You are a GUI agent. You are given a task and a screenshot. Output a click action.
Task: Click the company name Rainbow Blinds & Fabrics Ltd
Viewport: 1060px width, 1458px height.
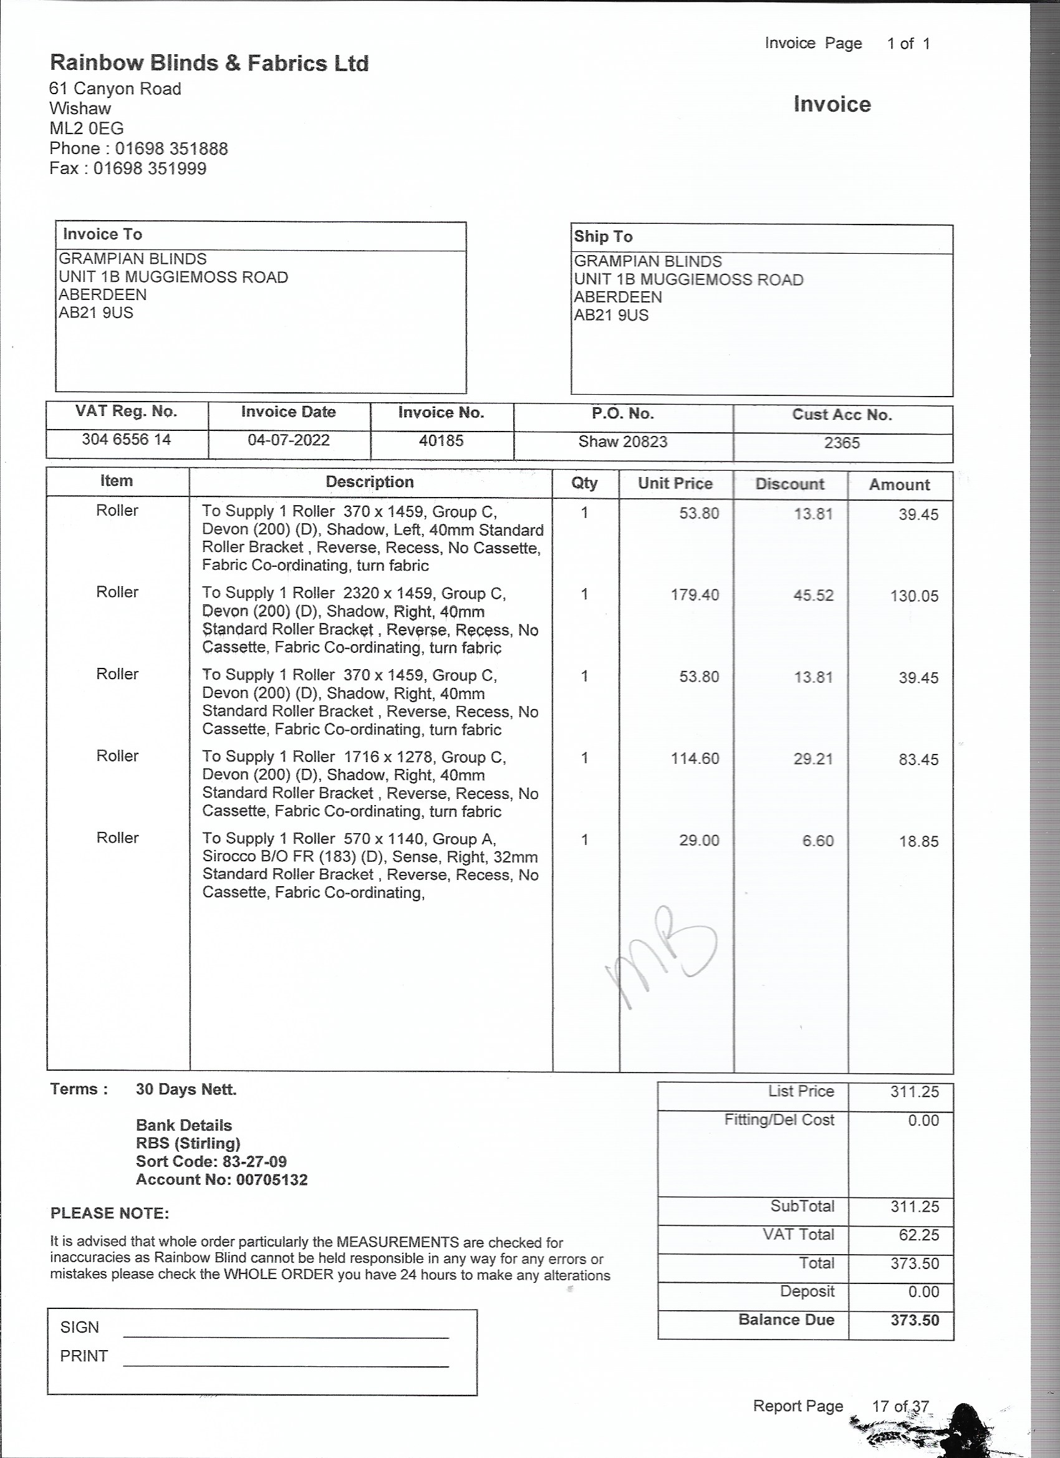point(209,63)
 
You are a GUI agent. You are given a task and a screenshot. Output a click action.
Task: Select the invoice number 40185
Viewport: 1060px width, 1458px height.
point(441,440)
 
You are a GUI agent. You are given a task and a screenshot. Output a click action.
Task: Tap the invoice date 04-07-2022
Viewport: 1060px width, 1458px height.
point(289,440)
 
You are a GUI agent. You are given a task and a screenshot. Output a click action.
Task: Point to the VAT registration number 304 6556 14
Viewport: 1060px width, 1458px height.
point(126,439)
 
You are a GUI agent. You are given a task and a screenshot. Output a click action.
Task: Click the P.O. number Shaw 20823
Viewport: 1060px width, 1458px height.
point(622,442)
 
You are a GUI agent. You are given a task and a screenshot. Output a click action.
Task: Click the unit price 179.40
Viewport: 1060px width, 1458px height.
point(694,595)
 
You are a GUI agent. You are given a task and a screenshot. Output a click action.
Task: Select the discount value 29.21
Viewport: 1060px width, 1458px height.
point(812,758)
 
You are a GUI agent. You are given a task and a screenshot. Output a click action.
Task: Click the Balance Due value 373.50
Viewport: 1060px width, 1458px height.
point(914,1320)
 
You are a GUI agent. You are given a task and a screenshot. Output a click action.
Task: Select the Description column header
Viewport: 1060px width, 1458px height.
point(370,482)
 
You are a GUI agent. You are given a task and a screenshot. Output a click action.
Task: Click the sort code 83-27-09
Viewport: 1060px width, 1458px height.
point(254,1162)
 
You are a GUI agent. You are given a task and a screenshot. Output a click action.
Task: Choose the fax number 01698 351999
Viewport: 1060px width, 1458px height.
point(150,168)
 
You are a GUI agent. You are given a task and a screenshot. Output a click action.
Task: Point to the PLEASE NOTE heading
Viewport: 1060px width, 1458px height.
point(109,1213)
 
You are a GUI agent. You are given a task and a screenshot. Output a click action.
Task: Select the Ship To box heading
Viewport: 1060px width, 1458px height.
point(603,236)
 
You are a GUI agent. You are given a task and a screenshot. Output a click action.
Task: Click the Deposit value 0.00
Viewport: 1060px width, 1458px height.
point(923,1291)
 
